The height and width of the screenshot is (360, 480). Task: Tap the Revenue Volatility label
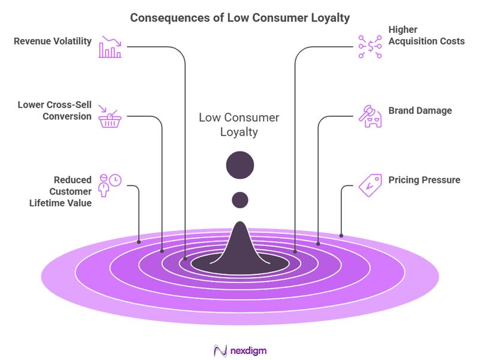53,41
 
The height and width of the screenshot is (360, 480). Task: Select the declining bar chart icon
110,47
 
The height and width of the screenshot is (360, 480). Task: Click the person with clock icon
109,185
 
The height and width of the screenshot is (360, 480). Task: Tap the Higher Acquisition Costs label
426,35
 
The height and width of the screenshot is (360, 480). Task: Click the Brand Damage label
420,110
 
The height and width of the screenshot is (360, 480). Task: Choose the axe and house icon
370,116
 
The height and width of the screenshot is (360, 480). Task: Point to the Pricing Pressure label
424,179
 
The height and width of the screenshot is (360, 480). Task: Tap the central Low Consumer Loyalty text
239,125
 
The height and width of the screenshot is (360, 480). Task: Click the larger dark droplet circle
240,164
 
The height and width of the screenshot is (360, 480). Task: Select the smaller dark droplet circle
240,199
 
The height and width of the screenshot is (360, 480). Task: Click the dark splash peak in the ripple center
240,246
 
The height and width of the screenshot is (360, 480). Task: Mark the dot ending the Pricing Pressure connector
341,235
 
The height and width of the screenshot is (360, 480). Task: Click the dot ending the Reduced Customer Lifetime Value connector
139,242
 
